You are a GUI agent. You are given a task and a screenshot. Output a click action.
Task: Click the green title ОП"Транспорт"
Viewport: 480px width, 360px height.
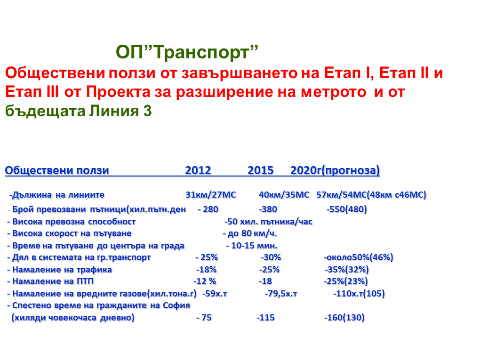(187, 52)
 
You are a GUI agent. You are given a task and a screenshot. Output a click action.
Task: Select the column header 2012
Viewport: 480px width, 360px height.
(198, 170)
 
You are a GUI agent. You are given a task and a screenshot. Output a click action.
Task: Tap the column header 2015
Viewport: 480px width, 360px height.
(261, 170)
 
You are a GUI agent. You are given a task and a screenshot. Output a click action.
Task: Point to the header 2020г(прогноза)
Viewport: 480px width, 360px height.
(335, 170)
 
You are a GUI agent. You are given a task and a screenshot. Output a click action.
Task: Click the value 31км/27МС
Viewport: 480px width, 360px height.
(211, 195)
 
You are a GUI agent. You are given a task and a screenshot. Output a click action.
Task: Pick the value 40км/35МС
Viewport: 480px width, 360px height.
(284, 195)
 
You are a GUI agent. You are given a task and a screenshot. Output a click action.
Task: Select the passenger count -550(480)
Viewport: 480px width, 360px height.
(346, 209)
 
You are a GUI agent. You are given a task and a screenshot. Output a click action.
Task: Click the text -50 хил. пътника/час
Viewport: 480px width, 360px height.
(268, 222)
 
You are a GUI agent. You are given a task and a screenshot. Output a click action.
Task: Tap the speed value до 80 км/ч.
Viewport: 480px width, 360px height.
(252, 233)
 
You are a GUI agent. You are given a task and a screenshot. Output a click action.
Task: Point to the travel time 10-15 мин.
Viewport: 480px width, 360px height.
(254, 246)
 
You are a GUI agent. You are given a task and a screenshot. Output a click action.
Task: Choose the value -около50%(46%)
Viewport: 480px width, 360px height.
(359, 257)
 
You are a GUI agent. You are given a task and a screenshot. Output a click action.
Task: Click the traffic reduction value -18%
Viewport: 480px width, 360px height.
(206, 270)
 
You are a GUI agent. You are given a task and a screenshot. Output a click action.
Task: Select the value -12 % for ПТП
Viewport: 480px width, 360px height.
(205, 281)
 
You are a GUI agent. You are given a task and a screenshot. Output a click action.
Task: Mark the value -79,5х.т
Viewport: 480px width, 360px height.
(281, 294)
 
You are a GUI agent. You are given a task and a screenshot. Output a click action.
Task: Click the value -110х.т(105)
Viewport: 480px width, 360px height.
(359, 294)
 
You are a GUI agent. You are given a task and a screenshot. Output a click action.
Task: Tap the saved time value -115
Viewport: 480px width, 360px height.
(265, 318)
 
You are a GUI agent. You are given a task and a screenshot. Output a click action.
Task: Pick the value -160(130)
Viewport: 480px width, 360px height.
(344, 318)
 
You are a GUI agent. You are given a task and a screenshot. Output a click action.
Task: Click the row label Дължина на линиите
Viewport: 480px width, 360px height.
(57, 195)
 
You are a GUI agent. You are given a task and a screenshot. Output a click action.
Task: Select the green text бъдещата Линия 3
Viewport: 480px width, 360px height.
(79, 111)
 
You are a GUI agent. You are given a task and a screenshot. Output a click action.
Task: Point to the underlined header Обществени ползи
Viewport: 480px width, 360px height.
(57, 170)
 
